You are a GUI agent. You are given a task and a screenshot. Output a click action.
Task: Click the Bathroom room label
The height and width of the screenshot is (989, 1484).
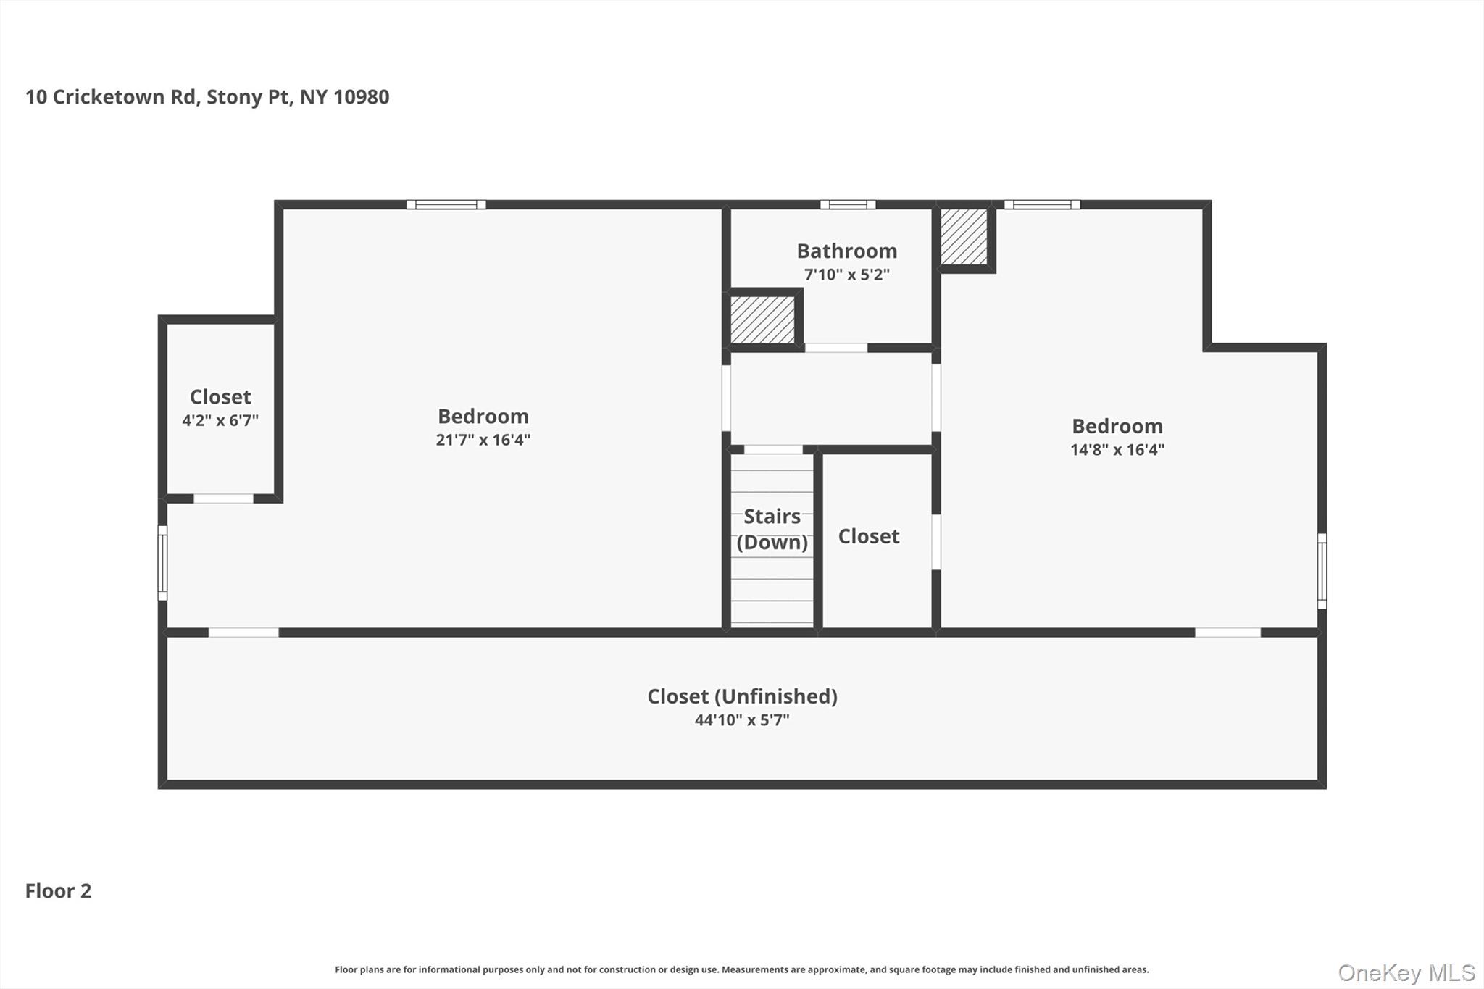point(846,251)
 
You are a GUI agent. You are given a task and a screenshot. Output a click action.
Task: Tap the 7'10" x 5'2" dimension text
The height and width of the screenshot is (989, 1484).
point(846,275)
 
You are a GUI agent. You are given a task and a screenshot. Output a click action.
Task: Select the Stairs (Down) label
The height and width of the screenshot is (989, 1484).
point(772,529)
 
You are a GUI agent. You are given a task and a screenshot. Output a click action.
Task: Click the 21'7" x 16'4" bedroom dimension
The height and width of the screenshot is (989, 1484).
point(483,440)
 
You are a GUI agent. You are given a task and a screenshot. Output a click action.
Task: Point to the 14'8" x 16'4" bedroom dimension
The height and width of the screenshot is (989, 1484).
point(1117,449)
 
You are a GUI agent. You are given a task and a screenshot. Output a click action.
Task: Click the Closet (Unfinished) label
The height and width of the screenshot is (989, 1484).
point(742,696)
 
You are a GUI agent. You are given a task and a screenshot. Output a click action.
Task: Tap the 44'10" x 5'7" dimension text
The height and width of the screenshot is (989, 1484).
point(742,720)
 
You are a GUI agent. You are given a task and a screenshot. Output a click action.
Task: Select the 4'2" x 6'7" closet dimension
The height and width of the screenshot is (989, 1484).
point(220,420)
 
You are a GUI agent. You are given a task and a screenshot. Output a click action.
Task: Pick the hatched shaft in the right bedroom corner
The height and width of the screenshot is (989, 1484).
point(964,237)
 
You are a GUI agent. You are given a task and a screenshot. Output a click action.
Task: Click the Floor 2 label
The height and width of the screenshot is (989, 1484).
point(59,890)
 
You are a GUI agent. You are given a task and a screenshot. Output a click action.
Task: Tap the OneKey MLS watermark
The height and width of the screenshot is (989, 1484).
point(1406,972)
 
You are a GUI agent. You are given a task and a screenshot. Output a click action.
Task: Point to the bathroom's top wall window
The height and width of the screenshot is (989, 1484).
point(847,204)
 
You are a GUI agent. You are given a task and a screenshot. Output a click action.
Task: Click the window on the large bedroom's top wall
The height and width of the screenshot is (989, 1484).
point(446,204)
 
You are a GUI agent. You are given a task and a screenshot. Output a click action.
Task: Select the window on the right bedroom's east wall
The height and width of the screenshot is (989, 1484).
point(1322,571)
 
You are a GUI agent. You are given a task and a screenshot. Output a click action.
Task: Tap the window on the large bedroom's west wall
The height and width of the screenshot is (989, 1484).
point(162,563)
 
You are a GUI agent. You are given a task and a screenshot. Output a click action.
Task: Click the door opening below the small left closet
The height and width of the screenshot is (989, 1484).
point(223,498)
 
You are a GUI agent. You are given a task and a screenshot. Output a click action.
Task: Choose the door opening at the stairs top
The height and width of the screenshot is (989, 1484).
point(773,449)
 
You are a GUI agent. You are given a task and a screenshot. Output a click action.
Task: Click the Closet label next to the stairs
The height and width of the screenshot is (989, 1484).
point(868,536)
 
